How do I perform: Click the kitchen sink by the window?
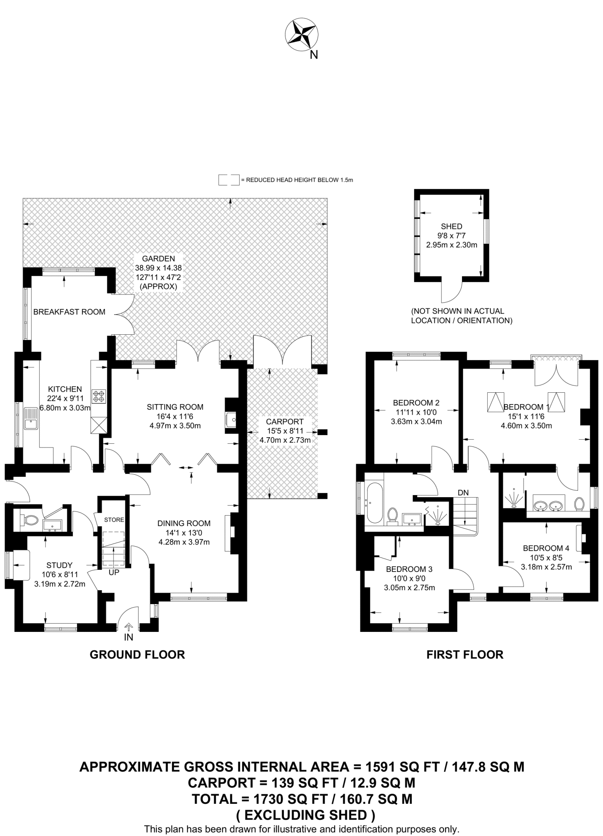31,419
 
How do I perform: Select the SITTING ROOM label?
175,407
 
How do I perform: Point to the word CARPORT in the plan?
285,422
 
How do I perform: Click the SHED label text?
451,227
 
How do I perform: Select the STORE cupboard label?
114,520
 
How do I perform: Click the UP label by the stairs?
114,572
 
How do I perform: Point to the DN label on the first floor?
463,493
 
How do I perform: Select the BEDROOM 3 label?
409,569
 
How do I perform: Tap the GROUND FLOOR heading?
137,655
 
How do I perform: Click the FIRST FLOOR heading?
465,655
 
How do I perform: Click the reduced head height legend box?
229,180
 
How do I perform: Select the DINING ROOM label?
184,523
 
